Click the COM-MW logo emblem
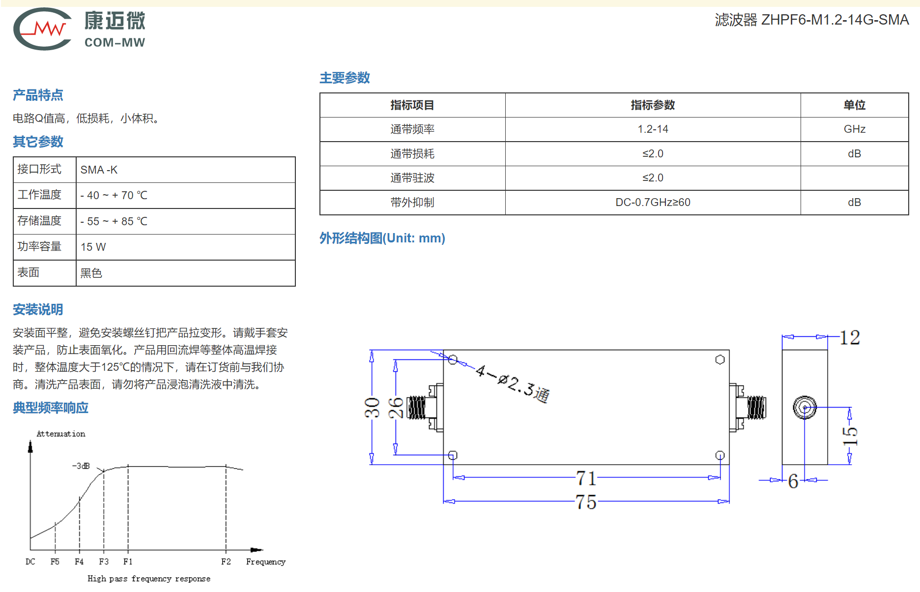tap(43, 29)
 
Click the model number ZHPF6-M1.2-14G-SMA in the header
tap(835, 20)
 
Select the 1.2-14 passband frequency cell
tap(653, 129)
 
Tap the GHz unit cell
tap(855, 129)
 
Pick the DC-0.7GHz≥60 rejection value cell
tap(653, 202)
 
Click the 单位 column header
tap(855, 105)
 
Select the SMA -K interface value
tap(99, 170)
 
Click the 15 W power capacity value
tap(93, 247)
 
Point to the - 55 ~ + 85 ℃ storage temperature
tap(114, 221)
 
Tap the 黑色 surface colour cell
tap(91, 273)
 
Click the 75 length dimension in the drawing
tap(586, 502)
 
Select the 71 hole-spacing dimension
tap(586, 478)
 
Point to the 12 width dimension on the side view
tap(850, 337)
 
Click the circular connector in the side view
tap(805, 408)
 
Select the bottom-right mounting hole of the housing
tap(720, 455)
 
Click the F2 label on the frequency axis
tap(226, 562)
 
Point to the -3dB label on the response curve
tap(81, 466)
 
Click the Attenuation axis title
tap(61, 434)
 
